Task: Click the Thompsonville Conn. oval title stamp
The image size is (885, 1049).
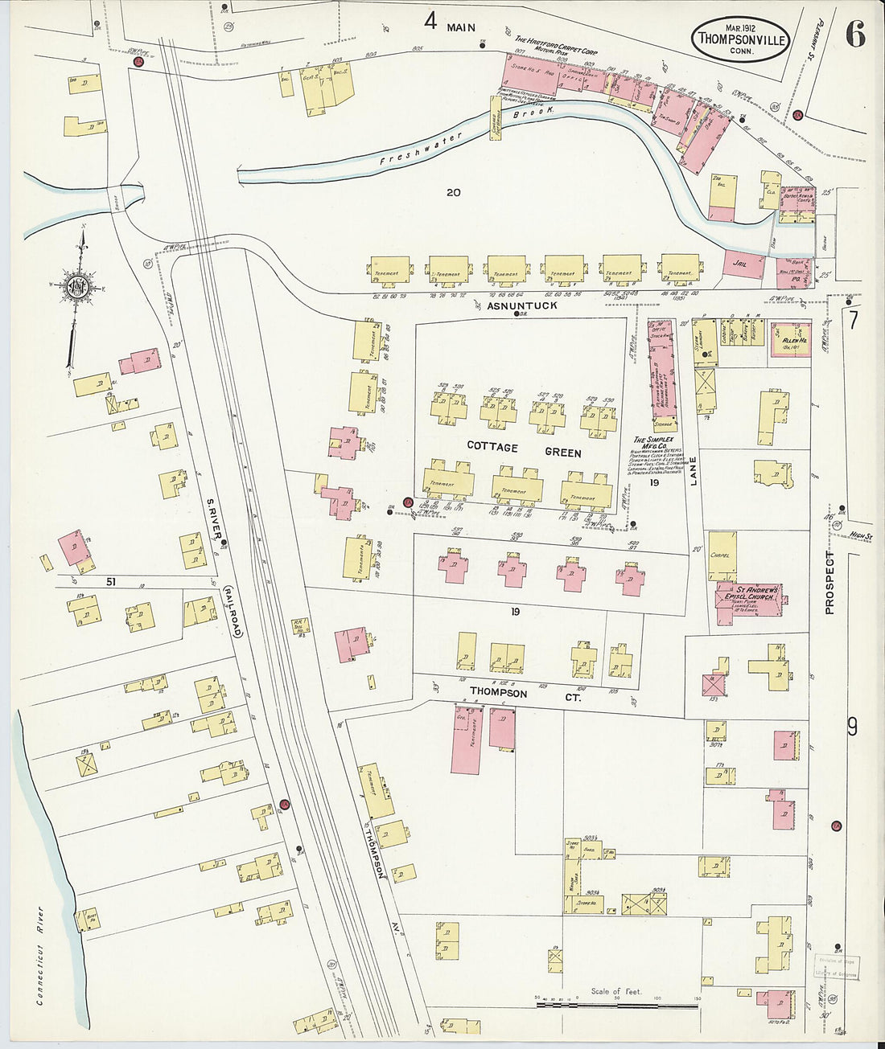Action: click(x=742, y=39)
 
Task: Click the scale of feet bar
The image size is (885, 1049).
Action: click(x=616, y=1005)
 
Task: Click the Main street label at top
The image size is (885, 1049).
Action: click(x=461, y=27)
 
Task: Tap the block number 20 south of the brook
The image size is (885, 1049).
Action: click(x=453, y=192)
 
